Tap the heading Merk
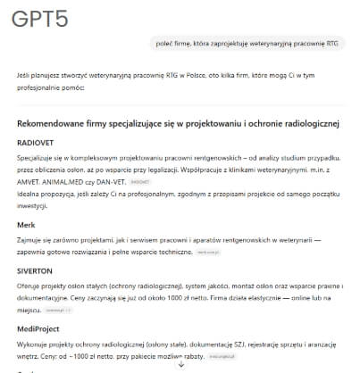click(x=26, y=225)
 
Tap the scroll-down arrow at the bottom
click(x=180, y=365)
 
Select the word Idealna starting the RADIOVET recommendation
click(x=29, y=192)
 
